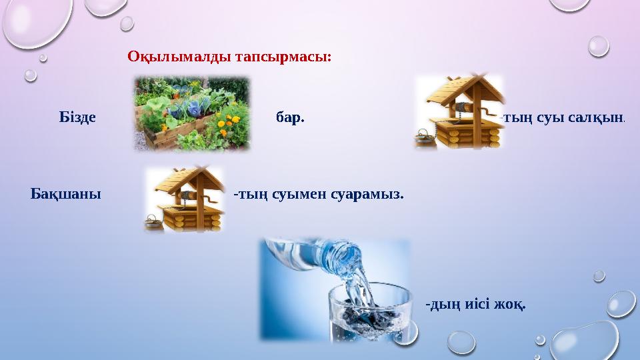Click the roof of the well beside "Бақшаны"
pyautogui.click(x=189, y=179)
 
